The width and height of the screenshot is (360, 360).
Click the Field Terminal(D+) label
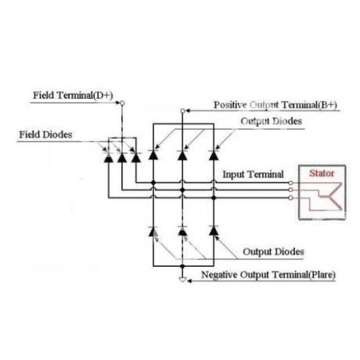73,95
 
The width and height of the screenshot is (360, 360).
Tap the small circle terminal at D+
122,103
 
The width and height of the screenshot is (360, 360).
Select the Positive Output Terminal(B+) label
275,105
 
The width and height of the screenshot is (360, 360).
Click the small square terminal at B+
182,111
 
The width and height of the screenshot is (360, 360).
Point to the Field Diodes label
45,135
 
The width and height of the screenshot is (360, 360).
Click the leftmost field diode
108,157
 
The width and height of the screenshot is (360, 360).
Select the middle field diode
122,157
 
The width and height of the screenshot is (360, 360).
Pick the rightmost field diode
136,157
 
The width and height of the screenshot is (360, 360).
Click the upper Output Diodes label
272,121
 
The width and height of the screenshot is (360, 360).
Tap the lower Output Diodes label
273,252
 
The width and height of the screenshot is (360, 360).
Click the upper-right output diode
214,155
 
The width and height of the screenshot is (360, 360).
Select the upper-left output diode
153,155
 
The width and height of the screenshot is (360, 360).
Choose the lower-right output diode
214,231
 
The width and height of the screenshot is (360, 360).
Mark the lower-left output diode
153,231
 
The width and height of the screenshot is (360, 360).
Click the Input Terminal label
253,175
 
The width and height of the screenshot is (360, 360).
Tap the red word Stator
322,173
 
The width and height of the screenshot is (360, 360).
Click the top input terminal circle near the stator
290,182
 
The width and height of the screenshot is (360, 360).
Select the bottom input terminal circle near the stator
290,198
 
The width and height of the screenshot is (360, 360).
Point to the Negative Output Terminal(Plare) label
268,275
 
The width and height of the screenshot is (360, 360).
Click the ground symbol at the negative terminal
182,279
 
